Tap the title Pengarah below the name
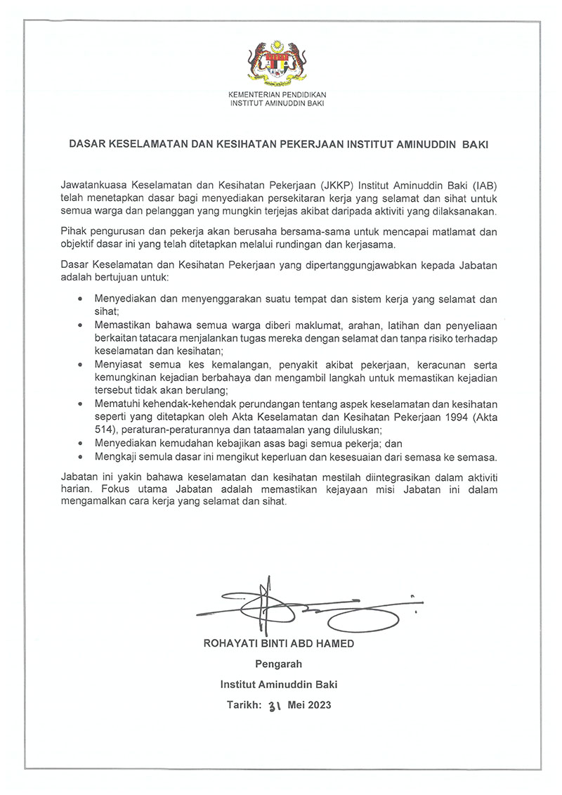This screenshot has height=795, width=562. [277, 664]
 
